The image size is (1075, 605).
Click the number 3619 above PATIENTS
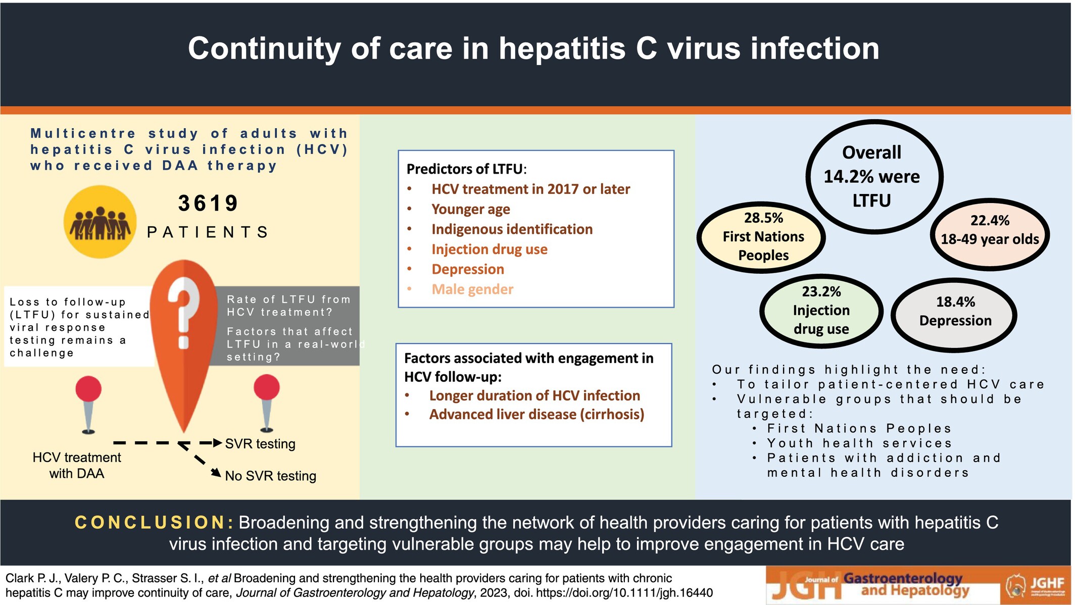[208, 204]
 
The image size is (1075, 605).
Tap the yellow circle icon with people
[100, 222]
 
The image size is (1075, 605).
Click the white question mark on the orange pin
[183, 313]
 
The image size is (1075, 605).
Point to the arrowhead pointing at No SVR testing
[216, 473]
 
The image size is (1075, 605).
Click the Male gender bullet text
[472, 289]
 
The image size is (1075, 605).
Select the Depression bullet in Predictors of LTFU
[468, 269]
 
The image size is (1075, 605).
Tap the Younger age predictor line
[471, 209]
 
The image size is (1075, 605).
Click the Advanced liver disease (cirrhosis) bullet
[537, 415]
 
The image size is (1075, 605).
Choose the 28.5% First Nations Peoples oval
[762, 237]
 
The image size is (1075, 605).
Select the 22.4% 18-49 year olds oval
[990, 234]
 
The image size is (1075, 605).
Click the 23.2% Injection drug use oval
[821, 310]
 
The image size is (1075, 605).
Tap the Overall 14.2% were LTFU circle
[874, 177]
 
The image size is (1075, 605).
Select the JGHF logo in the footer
[1036, 586]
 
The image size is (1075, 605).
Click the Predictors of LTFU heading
[466, 169]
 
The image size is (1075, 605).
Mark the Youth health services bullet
[859, 443]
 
